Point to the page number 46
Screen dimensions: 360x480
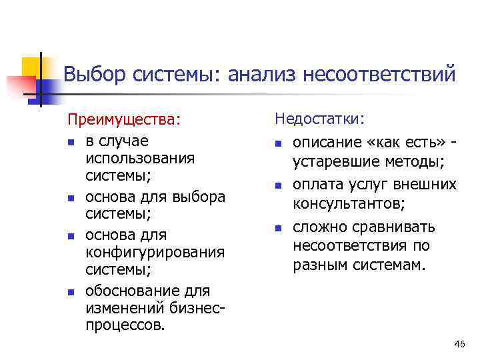click(459, 343)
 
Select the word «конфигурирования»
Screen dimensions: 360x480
click(155, 253)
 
